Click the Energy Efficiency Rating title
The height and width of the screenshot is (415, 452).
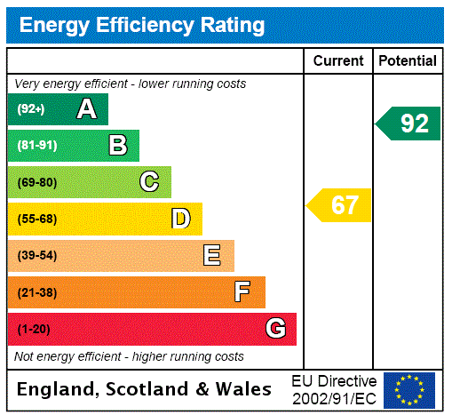click(142, 25)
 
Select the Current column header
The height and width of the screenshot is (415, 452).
click(338, 61)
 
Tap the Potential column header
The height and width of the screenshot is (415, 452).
click(408, 61)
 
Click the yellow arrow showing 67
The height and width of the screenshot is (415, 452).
click(340, 205)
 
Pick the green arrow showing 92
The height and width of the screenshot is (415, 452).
click(409, 124)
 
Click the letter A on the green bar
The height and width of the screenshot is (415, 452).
click(86, 109)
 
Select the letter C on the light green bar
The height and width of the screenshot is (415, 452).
click(149, 182)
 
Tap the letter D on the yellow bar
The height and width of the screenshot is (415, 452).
click(180, 219)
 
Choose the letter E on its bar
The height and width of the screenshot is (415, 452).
click(212, 256)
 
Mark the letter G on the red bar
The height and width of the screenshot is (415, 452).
click(275, 329)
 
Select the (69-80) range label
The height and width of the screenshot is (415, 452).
click(36, 182)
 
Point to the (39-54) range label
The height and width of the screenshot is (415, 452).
click(36, 256)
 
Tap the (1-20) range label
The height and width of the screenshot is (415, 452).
click(33, 329)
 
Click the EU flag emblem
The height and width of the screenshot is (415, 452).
click(409, 390)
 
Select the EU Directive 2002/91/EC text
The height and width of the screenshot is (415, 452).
click(334, 389)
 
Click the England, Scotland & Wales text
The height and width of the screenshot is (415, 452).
click(145, 389)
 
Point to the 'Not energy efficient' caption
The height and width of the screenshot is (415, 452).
click(129, 356)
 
